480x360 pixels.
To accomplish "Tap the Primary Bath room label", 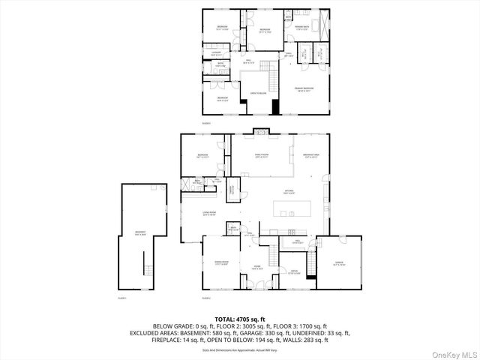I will click(303, 28).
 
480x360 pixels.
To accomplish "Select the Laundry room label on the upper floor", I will click(217, 53).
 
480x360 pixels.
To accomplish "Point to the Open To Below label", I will click(259, 92).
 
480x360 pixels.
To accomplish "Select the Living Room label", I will click(209, 214).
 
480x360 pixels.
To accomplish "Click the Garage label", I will click(339, 264).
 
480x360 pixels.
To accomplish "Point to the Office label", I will click(295, 271).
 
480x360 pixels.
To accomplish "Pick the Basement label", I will click(140, 233).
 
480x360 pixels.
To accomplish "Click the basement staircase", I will click(148, 270).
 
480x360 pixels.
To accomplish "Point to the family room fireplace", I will click(261, 134).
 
